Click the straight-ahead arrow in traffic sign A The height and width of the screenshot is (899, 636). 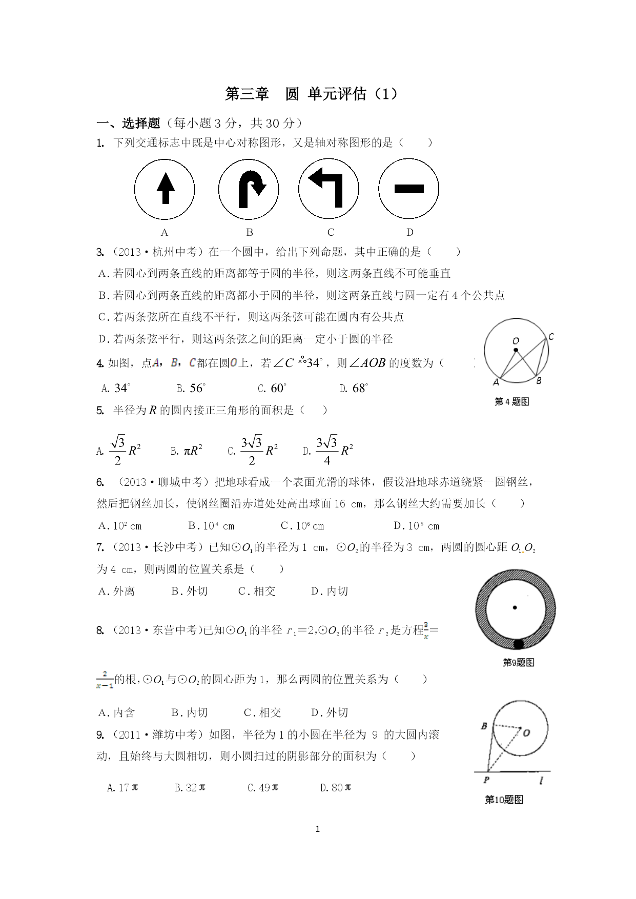tap(165, 188)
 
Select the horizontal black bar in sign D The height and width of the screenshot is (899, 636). tap(409, 189)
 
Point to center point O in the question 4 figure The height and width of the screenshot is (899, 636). tap(516, 350)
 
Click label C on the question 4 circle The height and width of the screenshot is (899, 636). tap(551, 337)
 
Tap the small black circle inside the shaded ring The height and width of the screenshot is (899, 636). tap(518, 644)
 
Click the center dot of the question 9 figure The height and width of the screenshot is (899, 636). tap(515, 608)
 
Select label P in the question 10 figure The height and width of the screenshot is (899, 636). tap(486, 780)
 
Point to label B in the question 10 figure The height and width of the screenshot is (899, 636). tap(484, 726)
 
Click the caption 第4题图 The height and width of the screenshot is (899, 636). tap(511, 402)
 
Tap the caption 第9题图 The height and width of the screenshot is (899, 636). tap(518, 662)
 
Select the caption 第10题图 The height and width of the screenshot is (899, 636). tap(504, 800)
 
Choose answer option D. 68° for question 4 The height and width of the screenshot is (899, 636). tap(354, 389)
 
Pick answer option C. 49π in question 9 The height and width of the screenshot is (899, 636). tap(262, 787)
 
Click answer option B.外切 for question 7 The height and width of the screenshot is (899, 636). tap(190, 591)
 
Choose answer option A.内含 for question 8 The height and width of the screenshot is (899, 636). tap(117, 712)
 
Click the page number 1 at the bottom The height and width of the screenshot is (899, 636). tap(318, 829)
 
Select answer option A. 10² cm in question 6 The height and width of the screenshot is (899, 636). tap(120, 526)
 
